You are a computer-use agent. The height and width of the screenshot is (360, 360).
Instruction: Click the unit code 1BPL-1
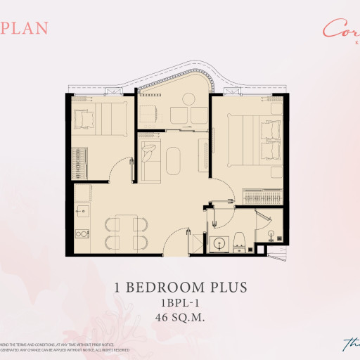180,302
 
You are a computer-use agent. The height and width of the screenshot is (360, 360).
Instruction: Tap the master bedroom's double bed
250,140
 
